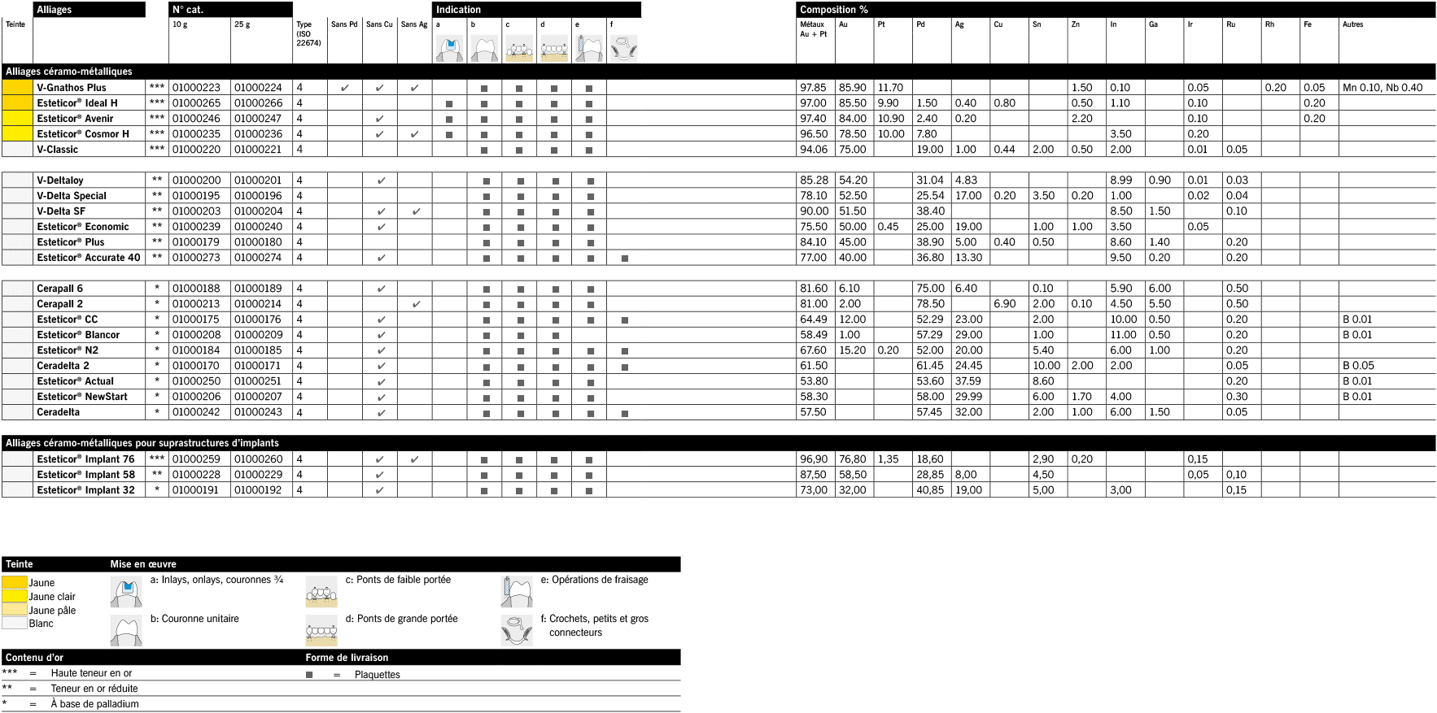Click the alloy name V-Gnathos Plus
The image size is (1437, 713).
coord(72,88)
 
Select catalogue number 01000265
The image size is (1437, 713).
coord(196,103)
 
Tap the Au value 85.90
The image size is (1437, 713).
coord(852,88)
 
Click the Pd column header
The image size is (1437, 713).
coord(920,24)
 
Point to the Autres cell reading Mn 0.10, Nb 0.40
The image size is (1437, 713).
coord(1382,88)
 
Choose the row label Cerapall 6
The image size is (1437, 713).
coord(59,289)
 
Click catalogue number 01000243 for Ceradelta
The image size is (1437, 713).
coord(258,412)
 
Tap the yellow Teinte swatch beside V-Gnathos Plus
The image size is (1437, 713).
coord(17,88)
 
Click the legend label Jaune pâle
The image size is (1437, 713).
coord(52,611)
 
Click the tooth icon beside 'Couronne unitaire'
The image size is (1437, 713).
coord(126,631)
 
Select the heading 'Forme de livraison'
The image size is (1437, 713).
coord(347,658)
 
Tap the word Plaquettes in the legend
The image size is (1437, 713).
coord(378,675)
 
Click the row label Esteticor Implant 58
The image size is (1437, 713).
coord(85,475)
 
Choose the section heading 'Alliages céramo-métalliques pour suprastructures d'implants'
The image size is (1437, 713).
coord(142,443)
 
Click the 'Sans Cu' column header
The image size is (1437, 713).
coord(379,24)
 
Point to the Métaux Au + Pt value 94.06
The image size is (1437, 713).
coord(814,150)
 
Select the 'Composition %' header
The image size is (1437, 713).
coord(833,10)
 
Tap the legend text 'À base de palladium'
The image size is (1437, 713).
coord(94,704)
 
